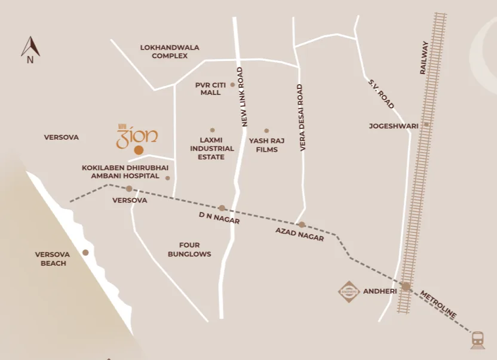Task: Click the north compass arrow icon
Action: (x=30, y=47)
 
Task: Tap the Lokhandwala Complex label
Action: (x=170, y=51)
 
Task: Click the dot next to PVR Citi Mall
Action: (x=232, y=85)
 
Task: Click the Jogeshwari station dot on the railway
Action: (x=427, y=125)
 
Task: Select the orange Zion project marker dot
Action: (x=139, y=150)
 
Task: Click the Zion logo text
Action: (x=137, y=136)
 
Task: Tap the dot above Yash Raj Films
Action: (x=266, y=131)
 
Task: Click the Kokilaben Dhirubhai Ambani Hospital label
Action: (x=121, y=172)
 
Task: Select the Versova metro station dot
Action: (x=129, y=189)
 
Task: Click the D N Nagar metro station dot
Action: (x=222, y=208)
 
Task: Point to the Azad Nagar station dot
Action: (x=302, y=224)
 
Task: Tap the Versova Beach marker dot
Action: (x=85, y=253)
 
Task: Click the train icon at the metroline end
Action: (x=477, y=340)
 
